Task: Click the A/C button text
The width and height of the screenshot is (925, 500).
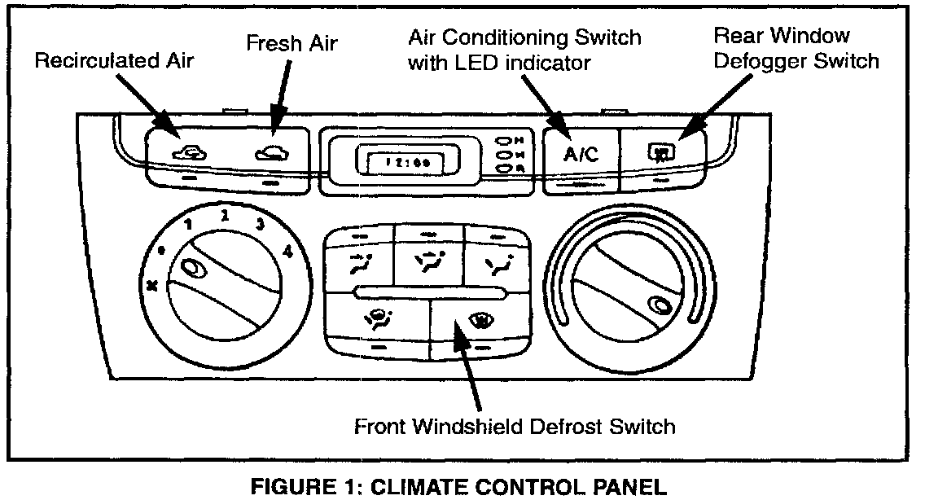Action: (x=581, y=155)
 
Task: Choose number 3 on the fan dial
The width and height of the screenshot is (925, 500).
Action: (x=261, y=225)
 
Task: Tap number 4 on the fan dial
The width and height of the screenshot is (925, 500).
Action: (x=287, y=252)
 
